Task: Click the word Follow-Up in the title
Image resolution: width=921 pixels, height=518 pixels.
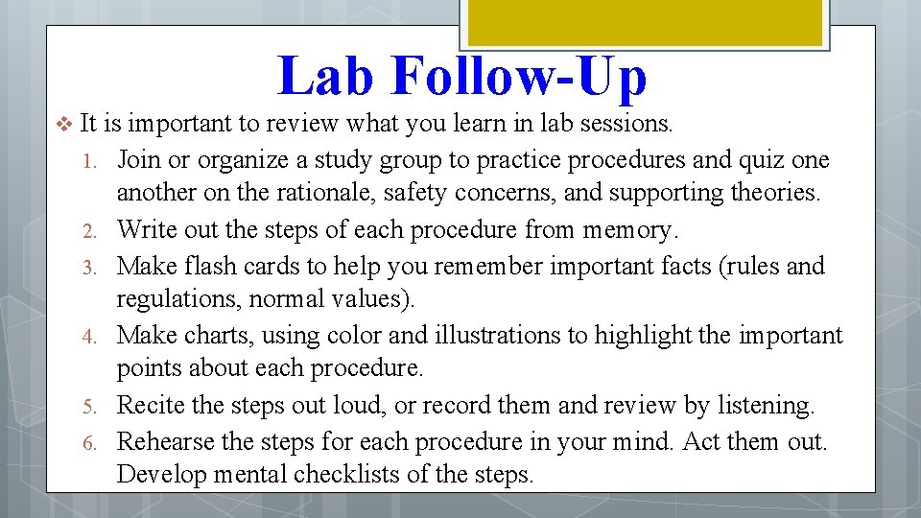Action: click(x=518, y=77)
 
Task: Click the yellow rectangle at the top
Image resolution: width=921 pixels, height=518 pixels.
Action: click(x=644, y=21)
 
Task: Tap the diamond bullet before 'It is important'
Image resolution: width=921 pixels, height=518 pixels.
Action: click(x=64, y=124)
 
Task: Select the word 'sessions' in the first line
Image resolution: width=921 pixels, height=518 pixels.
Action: click(x=624, y=124)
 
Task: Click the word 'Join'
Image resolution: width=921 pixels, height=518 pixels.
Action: click(x=138, y=159)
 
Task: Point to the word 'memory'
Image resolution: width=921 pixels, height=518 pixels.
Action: click(x=626, y=230)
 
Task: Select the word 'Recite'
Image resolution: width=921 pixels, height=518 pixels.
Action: click(x=152, y=406)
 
